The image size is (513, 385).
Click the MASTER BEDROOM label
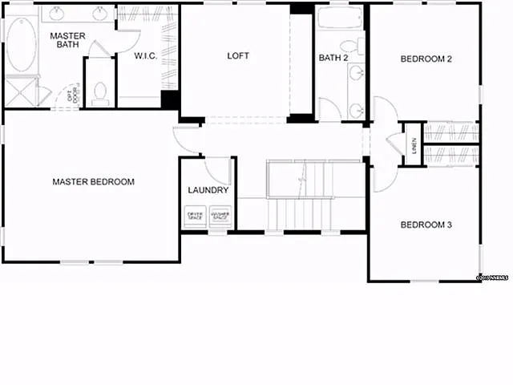click(x=93, y=182)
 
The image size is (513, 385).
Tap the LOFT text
click(x=238, y=56)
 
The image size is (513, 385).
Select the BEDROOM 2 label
click(x=426, y=59)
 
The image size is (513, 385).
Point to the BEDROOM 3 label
click(x=426, y=225)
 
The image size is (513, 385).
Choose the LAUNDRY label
click(x=208, y=191)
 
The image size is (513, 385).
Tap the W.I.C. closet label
click(x=146, y=56)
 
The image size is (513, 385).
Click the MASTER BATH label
click(x=68, y=41)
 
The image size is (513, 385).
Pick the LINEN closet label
click(x=414, y=144)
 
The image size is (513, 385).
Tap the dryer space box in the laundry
click(x=195, y=216)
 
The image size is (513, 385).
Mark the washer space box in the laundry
click(x=219, y=216)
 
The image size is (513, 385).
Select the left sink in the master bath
click(x=58, y=14)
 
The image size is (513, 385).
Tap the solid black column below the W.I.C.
click(x=169, y=100)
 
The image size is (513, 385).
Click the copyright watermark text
click(x=492, y=277)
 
